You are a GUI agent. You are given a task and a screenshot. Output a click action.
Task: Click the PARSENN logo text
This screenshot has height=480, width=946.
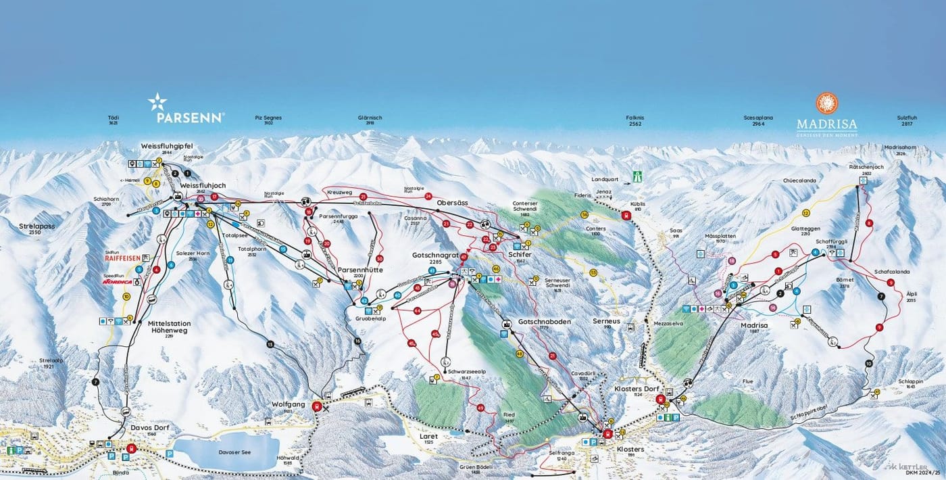point(190,118)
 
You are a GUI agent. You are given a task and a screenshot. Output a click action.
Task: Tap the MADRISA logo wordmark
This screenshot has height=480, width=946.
point(826,124)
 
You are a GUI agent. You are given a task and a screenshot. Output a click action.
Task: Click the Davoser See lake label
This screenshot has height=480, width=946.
point(226,452)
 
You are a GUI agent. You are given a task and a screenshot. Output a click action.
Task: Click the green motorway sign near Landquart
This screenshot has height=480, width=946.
point(637,176)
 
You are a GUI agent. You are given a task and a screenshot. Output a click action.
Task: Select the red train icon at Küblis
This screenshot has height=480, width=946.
point(626,216)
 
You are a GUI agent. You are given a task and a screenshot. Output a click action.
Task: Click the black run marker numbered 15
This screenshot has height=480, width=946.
point(270,345)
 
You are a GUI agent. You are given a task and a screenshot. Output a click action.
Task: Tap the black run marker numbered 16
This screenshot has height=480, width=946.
point(357,341)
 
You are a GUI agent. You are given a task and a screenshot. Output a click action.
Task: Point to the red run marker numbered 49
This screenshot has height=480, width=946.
point(480,408)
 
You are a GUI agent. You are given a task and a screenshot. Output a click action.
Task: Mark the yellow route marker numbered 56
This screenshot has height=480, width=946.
point(584,214)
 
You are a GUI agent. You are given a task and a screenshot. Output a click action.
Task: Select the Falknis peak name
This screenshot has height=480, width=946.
point(634,118)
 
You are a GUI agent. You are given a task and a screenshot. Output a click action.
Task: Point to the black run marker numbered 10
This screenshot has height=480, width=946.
point(869,364)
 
